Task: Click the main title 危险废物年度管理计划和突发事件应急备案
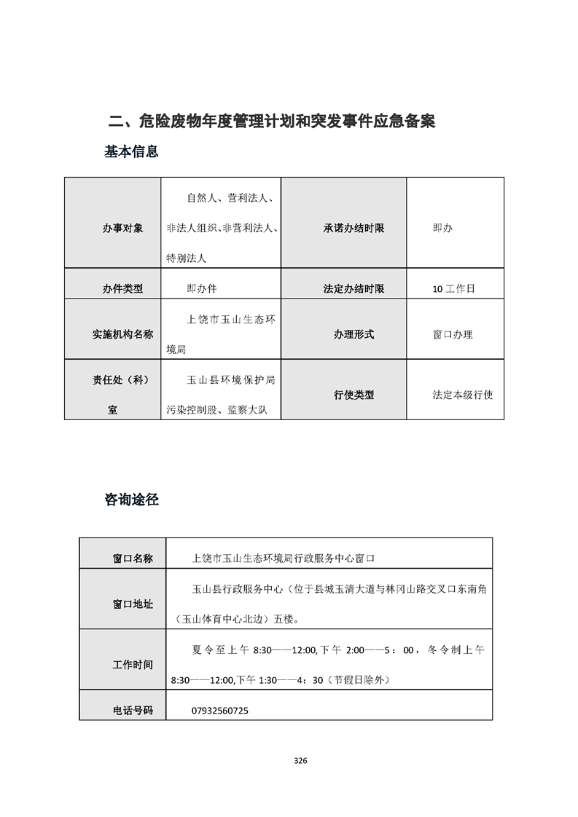[271, 121]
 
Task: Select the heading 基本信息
[132, 152]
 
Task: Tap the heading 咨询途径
[132, 500]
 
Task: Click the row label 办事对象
[122, 229]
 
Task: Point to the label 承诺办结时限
[354, 229]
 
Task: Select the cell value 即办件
[202, 288]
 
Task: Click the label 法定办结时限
[354, 288]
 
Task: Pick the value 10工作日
[453, 288]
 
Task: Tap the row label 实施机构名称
[122, 335]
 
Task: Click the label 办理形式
[354, 335]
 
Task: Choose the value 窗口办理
[453, 335]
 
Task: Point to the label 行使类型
[354, 395]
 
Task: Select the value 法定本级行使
[463, 395]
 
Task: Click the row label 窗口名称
[133, 559]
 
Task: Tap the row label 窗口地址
[133, 604]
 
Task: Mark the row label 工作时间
[133, 665]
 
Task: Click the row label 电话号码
[133, 710]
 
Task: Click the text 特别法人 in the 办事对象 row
[187, 258]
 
